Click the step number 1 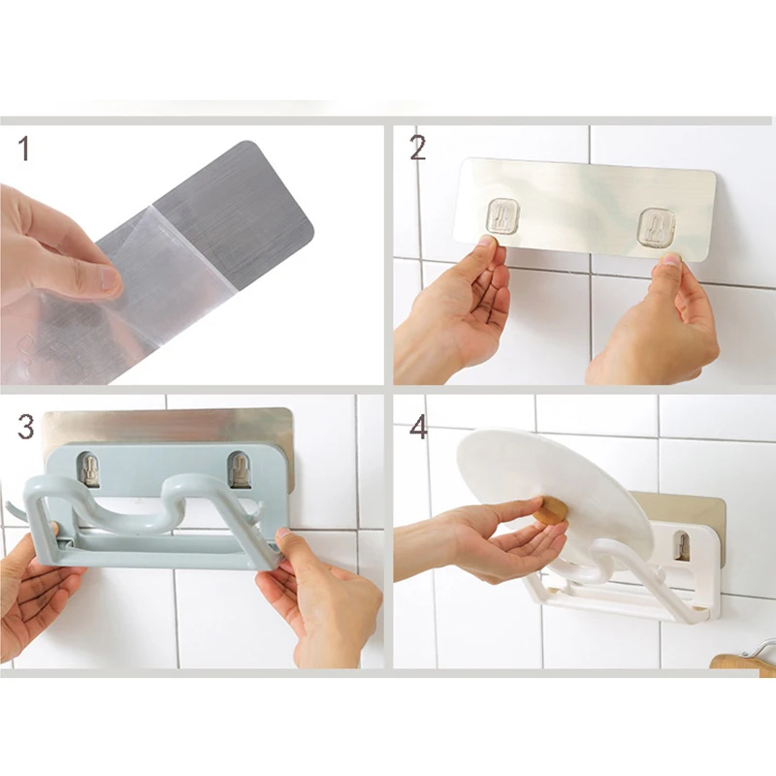coord(23,148)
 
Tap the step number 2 coord(418,148)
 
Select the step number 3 coord(26,427)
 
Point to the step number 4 coord(419,428)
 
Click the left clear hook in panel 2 coord(501,215)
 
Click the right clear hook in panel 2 coord(657,226)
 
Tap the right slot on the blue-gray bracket coord(239,469)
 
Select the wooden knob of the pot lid coord(550,510)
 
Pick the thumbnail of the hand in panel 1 coord(108,278)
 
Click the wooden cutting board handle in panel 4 coord(741,663)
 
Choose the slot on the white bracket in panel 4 coord(682,546)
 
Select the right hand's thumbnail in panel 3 coord(283,533)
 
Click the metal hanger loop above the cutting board coord(762,648)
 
